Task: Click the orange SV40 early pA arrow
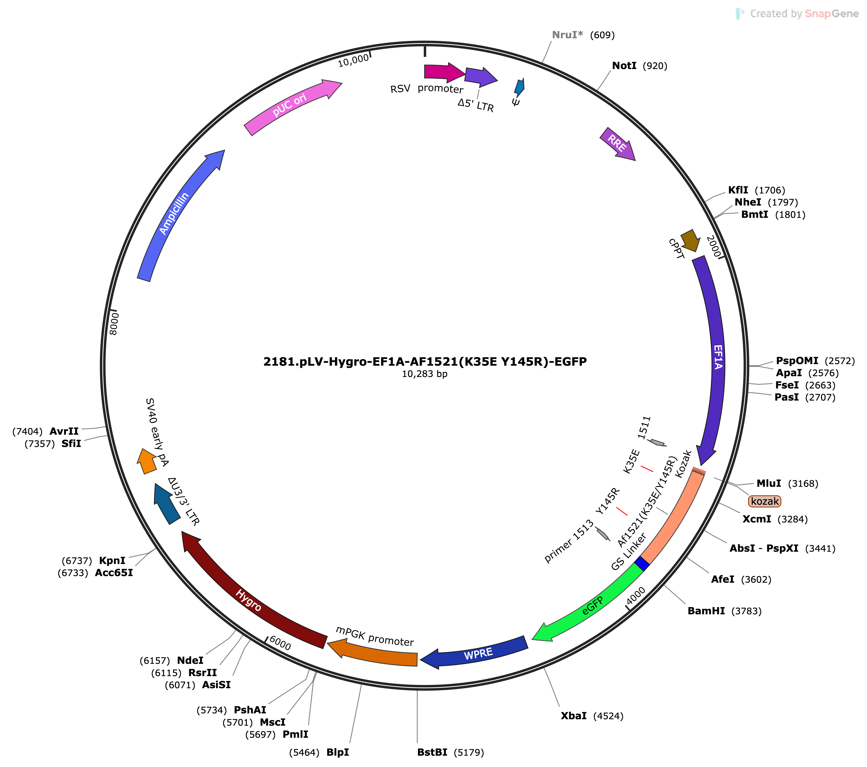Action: coord(147,461)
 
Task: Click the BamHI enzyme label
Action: coord(706,611)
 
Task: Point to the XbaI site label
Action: coord(573,716)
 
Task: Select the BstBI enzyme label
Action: coord(432,753)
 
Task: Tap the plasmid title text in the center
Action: coord(425,362)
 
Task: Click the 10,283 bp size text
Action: coord(425,374)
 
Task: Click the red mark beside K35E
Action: coord(647,469)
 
